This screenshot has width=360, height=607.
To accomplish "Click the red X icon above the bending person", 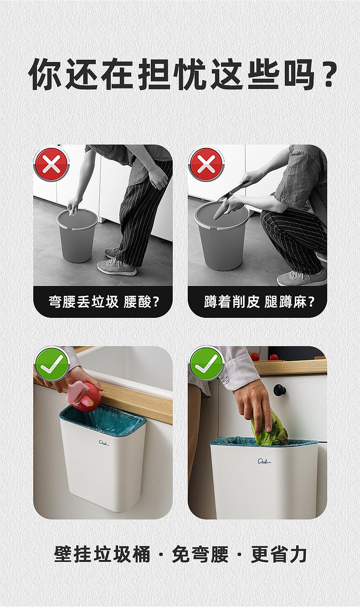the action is pyautogui.click(x=51, y=164).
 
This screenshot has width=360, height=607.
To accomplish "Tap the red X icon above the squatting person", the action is pyautogui.click(x=206, y=164).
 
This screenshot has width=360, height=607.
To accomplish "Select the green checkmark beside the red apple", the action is pyautogui.click(x=51, y=364).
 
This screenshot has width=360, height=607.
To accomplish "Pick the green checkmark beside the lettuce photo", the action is pyautogui.click(x=206, y=364).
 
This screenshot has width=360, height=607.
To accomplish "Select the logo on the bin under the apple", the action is pyautogui.click(x=103, y=443).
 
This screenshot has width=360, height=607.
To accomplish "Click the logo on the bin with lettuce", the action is pyautogui.click(x=264, y=461).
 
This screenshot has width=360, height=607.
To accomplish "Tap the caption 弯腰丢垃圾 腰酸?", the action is pyautogui.click(x=103, y=301).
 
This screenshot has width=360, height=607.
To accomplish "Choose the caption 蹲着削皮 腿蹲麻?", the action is pyautogui.click(x=259, y=301).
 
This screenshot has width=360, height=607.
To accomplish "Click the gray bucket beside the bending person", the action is pyautogui.click(x=77, y=235).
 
